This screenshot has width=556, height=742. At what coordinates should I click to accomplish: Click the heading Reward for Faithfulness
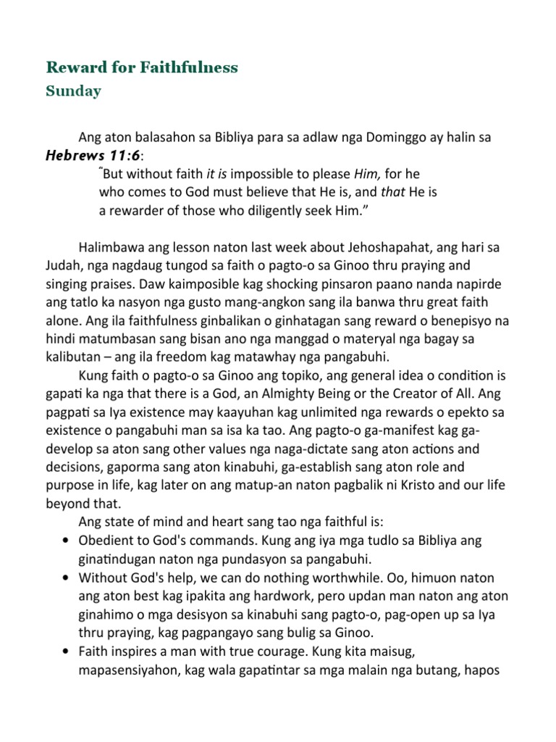pos(142,67)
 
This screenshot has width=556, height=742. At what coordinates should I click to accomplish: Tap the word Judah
pos(62,265)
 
